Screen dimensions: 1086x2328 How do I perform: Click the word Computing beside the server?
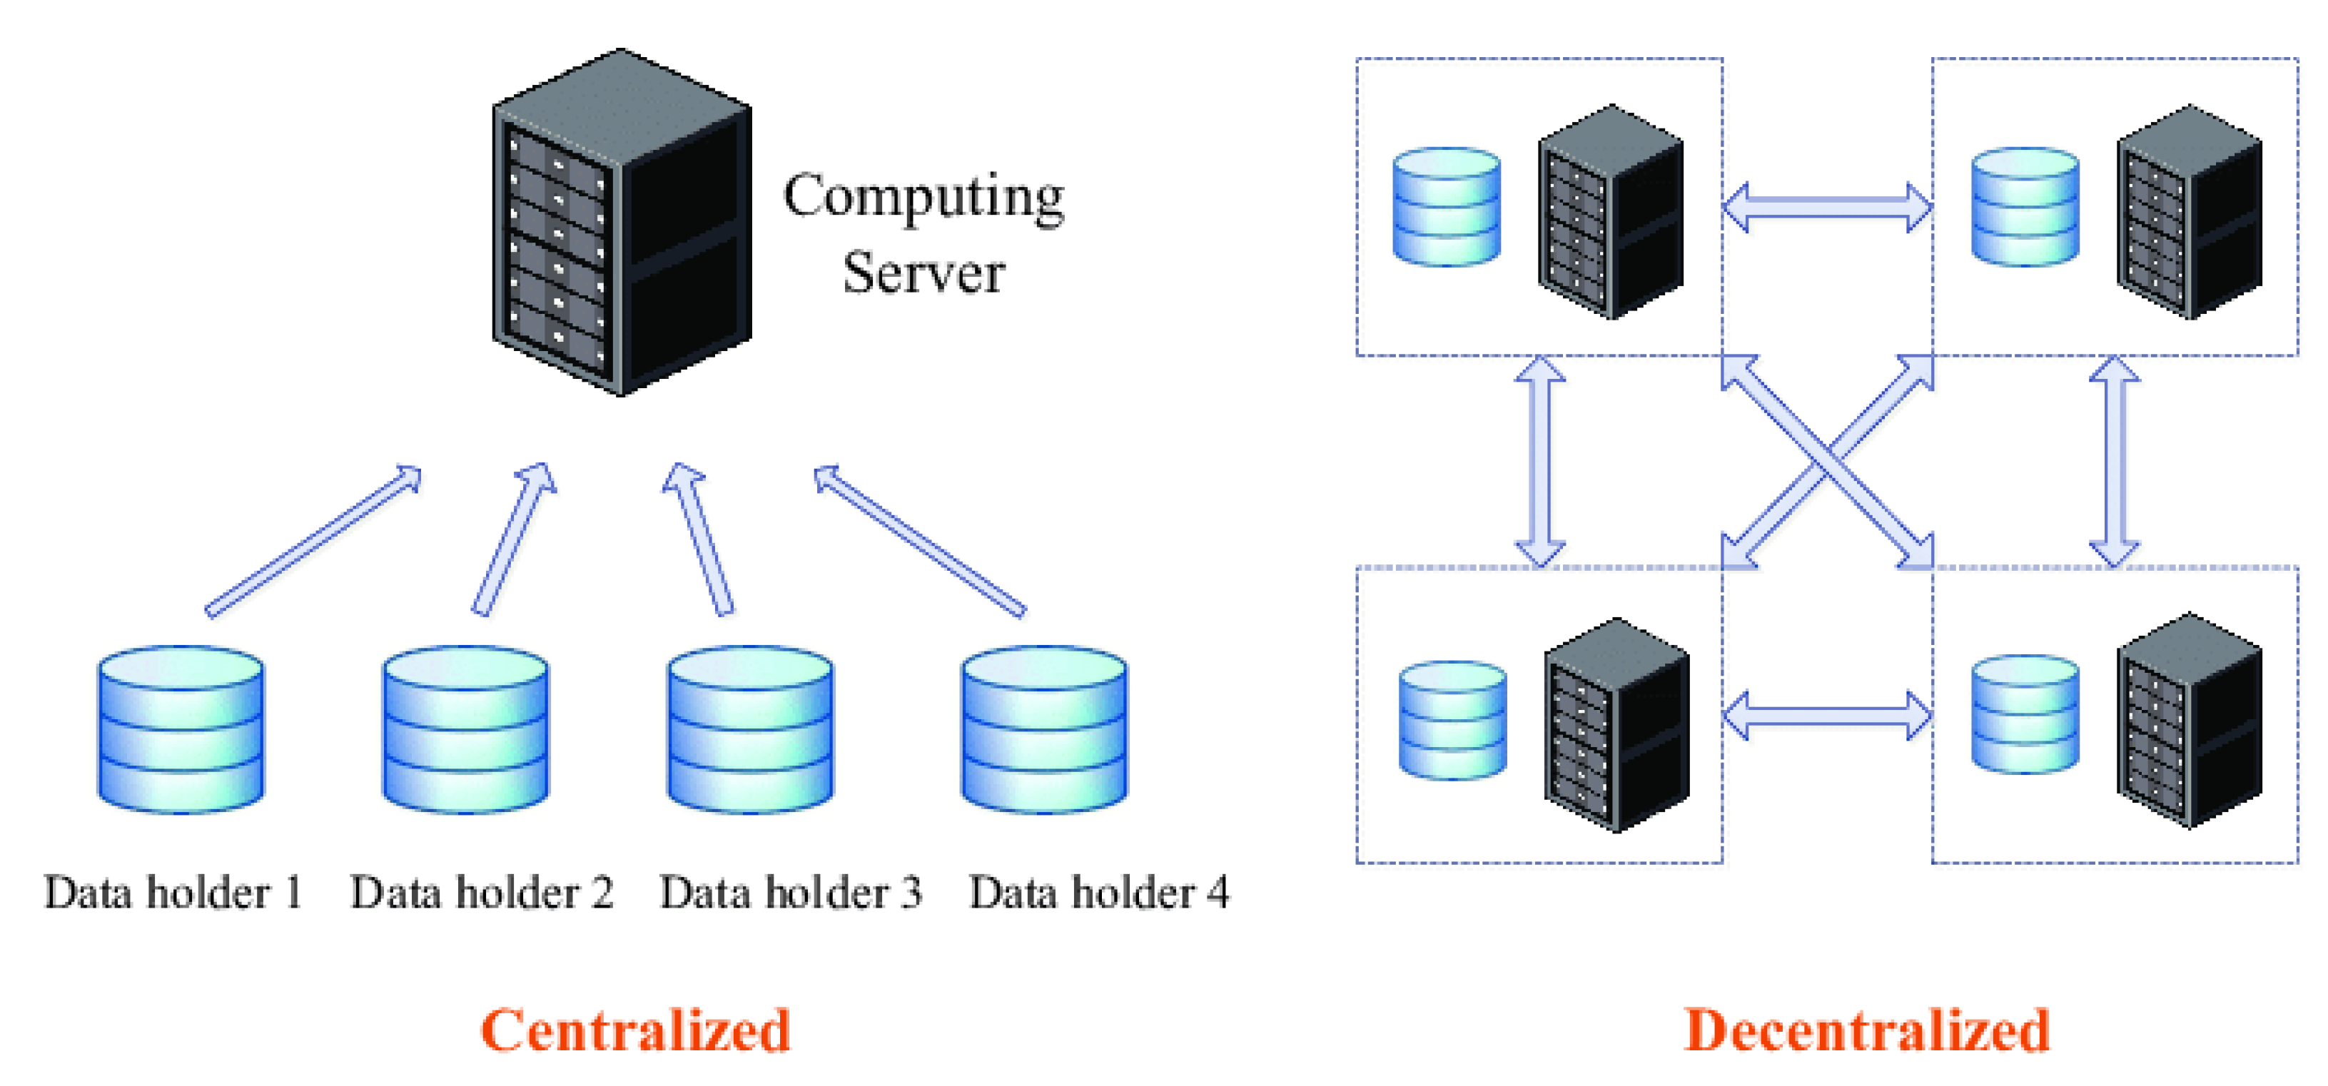[x=923, y=197]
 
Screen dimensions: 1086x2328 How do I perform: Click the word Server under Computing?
[x=923, y=273]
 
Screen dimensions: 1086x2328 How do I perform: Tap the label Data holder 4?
[x=1099, y=893]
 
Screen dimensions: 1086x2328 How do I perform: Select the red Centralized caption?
[x=635, y=1030]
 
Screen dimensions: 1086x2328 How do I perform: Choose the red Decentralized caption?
[x=1867, y=1030]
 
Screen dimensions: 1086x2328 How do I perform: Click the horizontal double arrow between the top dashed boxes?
[x=1827, y=208]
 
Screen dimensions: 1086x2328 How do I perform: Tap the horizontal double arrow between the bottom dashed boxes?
[x=1827, y=716]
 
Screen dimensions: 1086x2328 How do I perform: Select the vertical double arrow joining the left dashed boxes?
[x=1540, y=462]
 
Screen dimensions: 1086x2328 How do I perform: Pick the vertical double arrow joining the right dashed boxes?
[x=2115, y=462]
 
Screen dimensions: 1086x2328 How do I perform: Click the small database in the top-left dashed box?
[x=1447, y=208]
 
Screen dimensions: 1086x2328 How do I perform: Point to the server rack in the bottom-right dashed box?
[x=2189, y=721]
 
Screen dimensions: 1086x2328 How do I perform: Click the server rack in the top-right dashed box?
[x=2189, y=213]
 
